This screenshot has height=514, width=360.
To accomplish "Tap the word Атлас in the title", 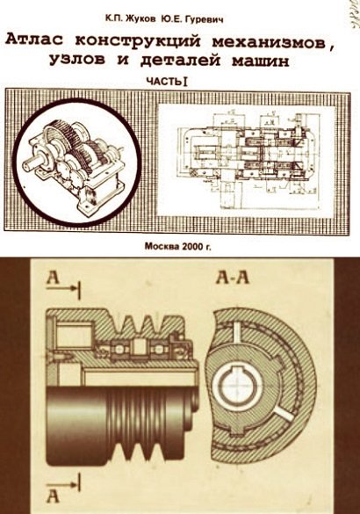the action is [x=36, y=41].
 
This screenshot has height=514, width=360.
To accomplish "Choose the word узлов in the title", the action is [x=77, y=60].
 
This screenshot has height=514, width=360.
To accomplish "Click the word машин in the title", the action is [x=261, y=61].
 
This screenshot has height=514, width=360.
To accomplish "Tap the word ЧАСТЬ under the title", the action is [x=164, y=82].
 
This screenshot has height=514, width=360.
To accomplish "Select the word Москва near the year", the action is [x=161, y=246].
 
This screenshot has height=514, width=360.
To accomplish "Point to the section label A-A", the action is [x=233, y=278].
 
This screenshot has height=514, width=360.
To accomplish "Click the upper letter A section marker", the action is [x=53, y=278].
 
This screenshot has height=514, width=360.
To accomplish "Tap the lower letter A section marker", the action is [x=53, y=496].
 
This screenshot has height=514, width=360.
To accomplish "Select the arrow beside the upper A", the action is [x=63, y=288].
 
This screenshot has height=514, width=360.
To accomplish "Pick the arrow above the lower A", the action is [x=63, y=484].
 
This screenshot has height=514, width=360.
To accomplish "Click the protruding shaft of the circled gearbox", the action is [x=30, y=163].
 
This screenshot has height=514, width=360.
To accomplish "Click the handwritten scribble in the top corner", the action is [x=353, y=17].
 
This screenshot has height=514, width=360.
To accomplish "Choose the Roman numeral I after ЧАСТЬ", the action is [x=185, y=82].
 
